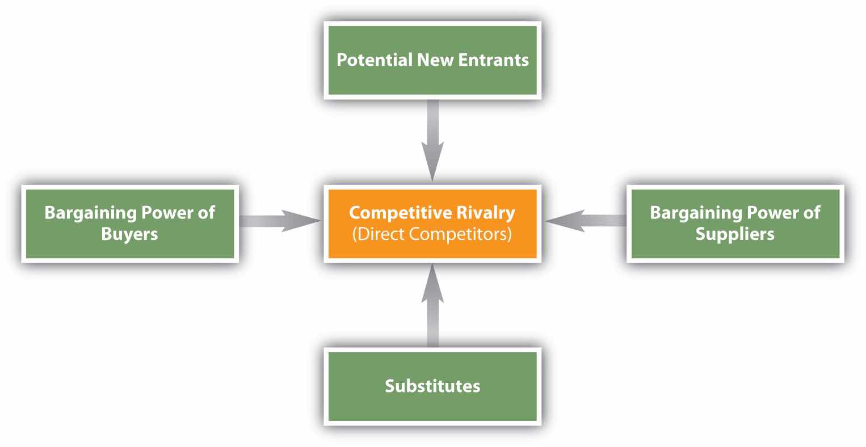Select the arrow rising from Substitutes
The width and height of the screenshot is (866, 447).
pyautogui.click(x=432, y=306)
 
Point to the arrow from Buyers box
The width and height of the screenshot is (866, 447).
pyautogui.click(x=278, y=220)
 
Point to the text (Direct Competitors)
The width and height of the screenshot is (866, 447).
pyautogui.click(x=432, y=234)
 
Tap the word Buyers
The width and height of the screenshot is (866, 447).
pyautogui.click(x=129, y=234)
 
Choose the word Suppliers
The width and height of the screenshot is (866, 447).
pyautogui.click(x=735, y=234)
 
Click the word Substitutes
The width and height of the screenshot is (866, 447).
pyautogui.click(x=432, y=386)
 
